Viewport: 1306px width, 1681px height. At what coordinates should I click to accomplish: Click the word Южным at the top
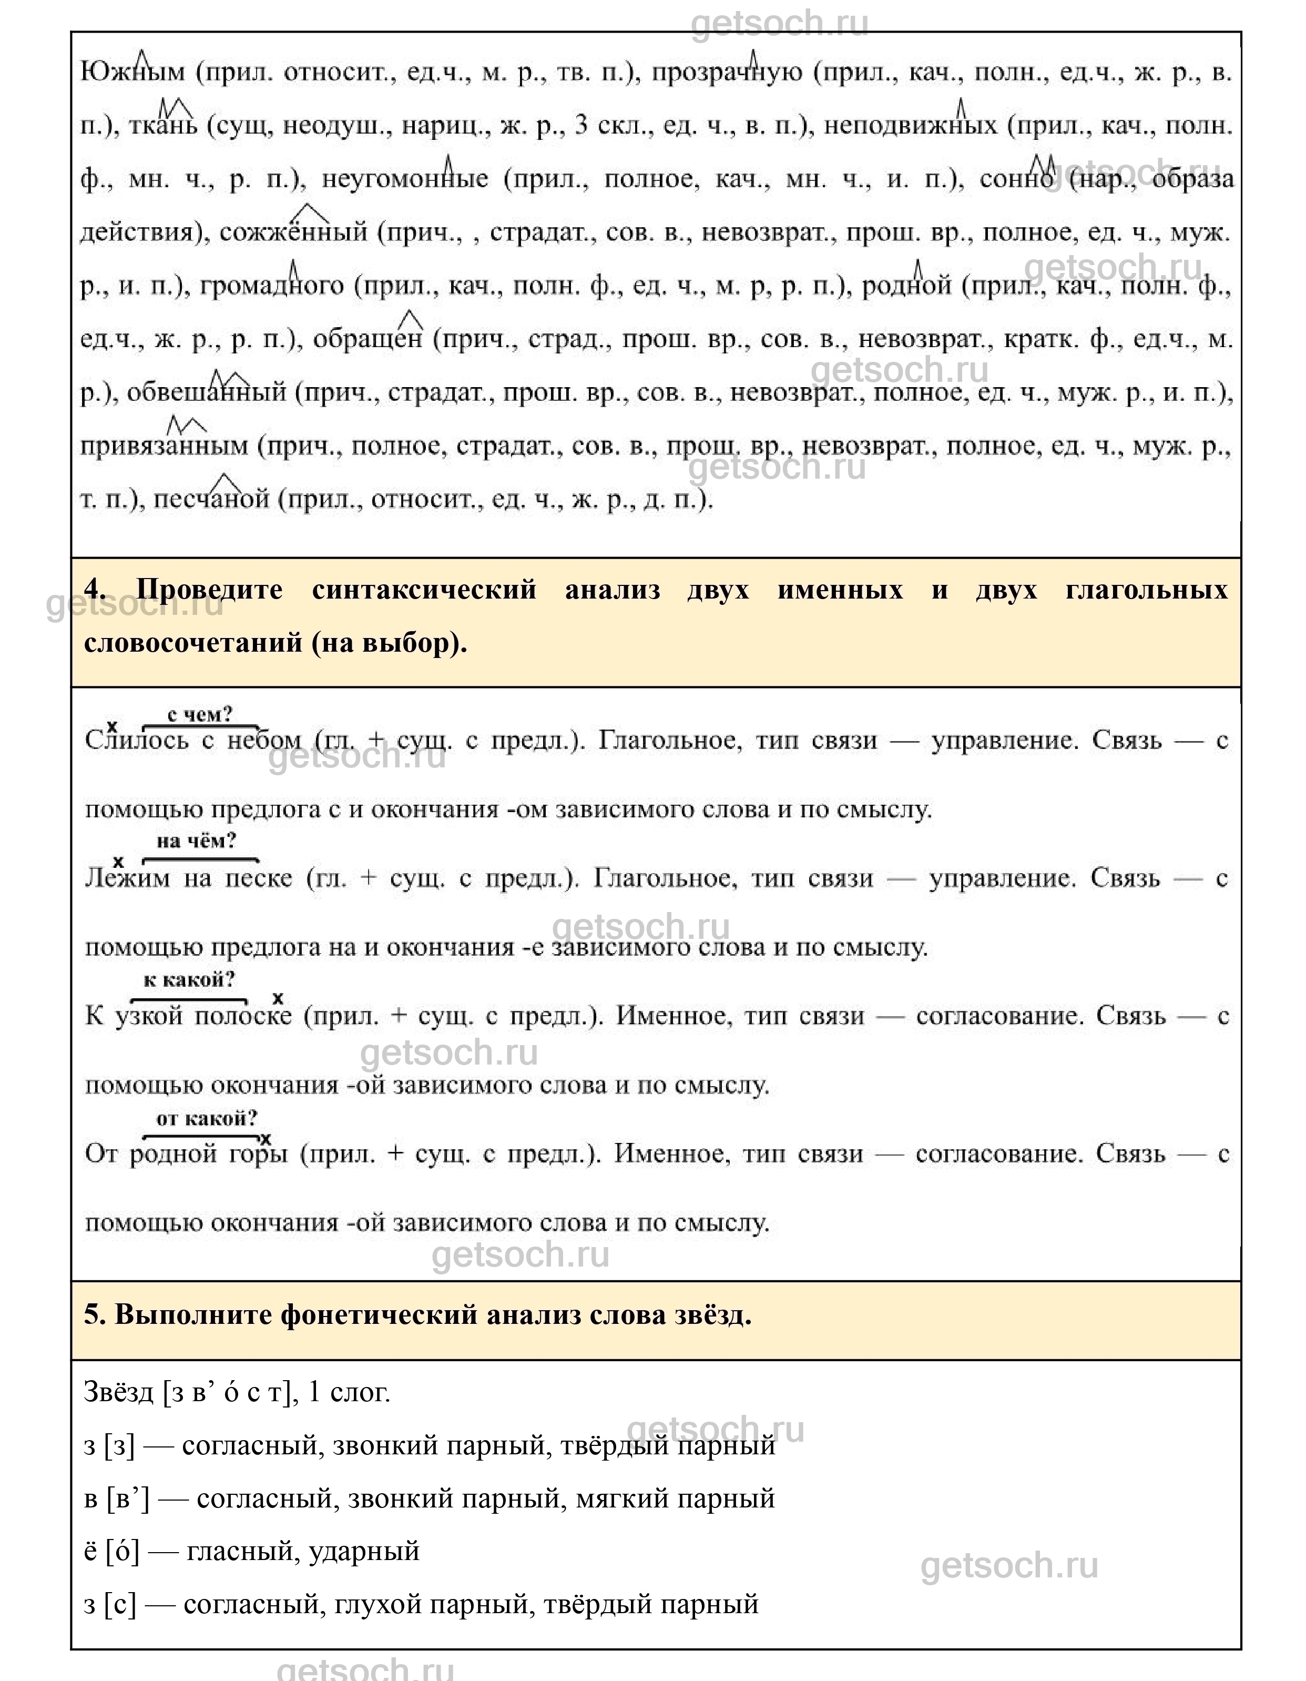coord(132,73)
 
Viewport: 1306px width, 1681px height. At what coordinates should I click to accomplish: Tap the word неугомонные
coord(405,179)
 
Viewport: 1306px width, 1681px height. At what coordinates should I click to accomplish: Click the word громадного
coord(272,286)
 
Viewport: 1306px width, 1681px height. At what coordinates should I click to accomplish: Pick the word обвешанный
coord(206,392)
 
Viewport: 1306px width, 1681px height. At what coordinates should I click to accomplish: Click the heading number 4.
coord(94,590)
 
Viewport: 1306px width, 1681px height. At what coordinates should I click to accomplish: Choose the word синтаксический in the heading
coord(424,590)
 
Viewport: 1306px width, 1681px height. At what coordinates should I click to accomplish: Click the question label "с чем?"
coord(199,714)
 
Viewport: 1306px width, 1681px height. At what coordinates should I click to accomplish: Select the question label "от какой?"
coord(207,1118)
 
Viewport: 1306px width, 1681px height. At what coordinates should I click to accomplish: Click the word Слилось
coord(136,741)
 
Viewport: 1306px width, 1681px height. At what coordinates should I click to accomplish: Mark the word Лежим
coord(127,878)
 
